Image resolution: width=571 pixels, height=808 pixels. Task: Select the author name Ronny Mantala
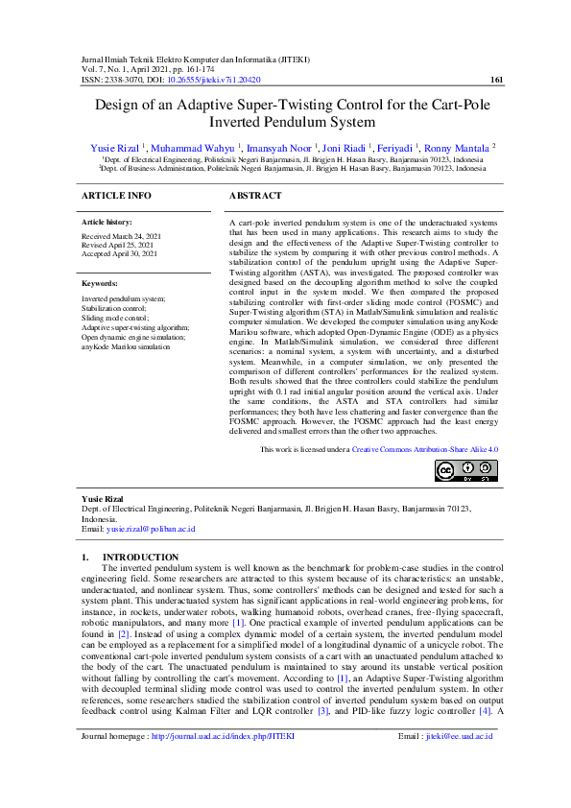click(x=461, y=147)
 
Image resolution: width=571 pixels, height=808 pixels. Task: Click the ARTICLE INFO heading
click(x=116, y=196)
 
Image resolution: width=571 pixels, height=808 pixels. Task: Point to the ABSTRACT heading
click(x=255, y=196)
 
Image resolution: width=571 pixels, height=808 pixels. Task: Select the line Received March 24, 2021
click(x=121, y=235)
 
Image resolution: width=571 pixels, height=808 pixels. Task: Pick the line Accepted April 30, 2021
click(x=121, y=252)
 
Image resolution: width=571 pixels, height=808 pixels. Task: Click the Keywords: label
click(x=100, y=284)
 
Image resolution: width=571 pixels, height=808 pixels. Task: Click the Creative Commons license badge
click(x=465, y=470)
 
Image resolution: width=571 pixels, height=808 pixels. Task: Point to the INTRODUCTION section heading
click(x=140, y=557)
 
